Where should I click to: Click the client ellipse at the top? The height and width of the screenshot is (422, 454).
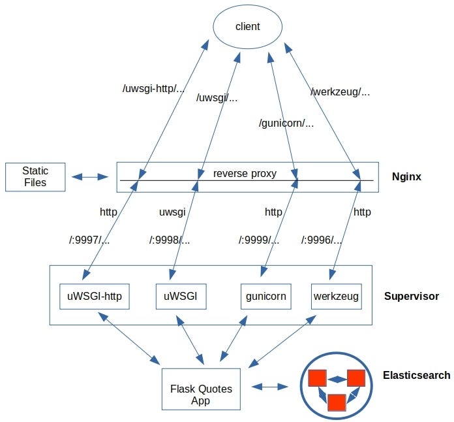(x=247, y=27)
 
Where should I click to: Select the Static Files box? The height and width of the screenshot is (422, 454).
(x=35, y=176)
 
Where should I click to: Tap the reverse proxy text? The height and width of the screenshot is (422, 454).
(x=245, y=173)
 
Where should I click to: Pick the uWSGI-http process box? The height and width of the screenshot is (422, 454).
(x=95, y=297)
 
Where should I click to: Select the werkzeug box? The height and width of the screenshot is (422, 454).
(x=336, y=297)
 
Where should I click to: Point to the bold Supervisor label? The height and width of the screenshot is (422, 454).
(x=412, y=297)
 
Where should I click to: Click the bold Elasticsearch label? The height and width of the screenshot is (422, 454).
(x=416, y=376)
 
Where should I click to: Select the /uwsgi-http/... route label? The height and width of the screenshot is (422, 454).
(x=154, y=89)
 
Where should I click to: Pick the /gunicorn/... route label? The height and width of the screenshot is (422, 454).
(x=286, y=122)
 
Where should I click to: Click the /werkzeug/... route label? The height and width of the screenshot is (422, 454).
(x=340, y=92)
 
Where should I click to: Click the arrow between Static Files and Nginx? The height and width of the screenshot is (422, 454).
(x=90, y=177)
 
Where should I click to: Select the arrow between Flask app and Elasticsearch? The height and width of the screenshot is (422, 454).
(x=269, y=387)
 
